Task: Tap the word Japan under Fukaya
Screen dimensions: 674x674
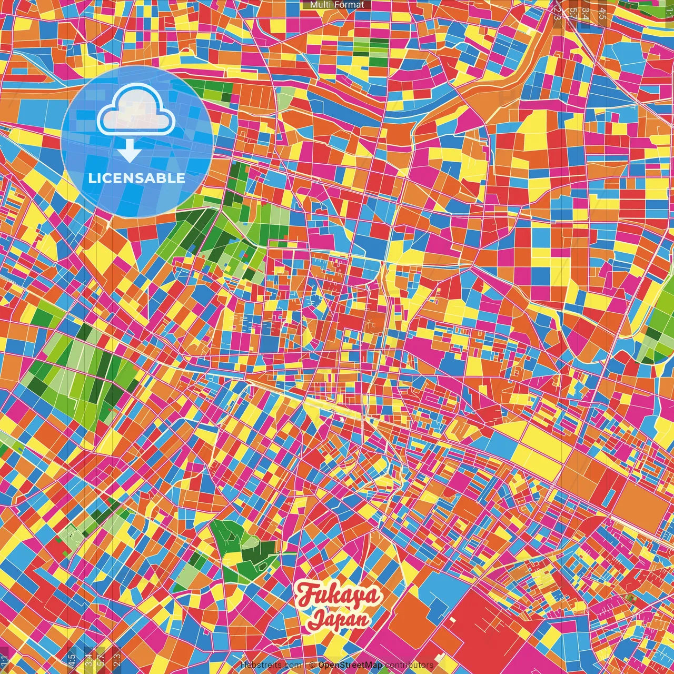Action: click(x=339, y=619)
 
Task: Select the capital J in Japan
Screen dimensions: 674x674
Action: click(x=316, y=619)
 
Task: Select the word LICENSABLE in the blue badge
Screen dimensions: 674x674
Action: click(x=136, y=178)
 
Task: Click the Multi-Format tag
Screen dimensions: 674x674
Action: click(x=337, y=5)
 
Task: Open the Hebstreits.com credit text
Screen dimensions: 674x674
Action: click(x=271, y=665)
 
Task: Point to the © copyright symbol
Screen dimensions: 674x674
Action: click(x=312, y=665)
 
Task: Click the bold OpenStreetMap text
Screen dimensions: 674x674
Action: click(x=350, y=665)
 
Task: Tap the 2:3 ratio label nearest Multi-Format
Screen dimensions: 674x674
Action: click(x=558, y=12)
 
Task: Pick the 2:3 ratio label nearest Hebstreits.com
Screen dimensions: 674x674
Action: click(x=116, y=659)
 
